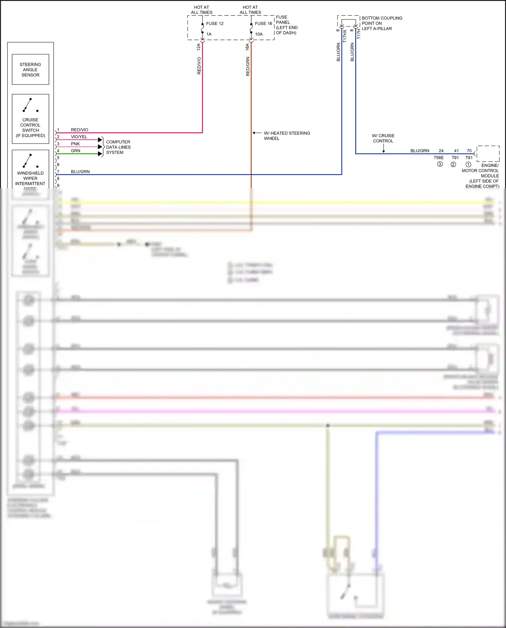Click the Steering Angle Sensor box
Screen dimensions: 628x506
tap(30, 70)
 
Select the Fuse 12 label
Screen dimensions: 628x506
tap(215, 24)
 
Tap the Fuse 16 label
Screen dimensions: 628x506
tap(263, 24)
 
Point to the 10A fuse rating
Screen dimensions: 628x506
tap(259, 34)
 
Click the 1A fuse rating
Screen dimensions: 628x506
tap(209, 34)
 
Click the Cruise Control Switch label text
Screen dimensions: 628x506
tap(30, 128)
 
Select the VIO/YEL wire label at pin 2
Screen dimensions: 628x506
tap(79, 137)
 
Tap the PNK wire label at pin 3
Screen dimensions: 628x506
tap(75, 144)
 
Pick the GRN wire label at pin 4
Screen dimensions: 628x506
tap(76, 151)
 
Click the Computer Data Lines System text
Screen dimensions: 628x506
tap(118, 147)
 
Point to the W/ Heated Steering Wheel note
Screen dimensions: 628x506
tap(287, 136)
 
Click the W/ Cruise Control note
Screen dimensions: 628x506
tap(383, 138)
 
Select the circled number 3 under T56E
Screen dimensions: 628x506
tap(440, 164)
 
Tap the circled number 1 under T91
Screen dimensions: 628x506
tap(468, 165)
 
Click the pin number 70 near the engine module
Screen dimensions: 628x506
tap(469, 151)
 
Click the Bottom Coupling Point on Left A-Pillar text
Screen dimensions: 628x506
tap(382, 23)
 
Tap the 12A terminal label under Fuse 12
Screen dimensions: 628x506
tap(199, 47)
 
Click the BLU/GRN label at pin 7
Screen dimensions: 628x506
tap(80, 172)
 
